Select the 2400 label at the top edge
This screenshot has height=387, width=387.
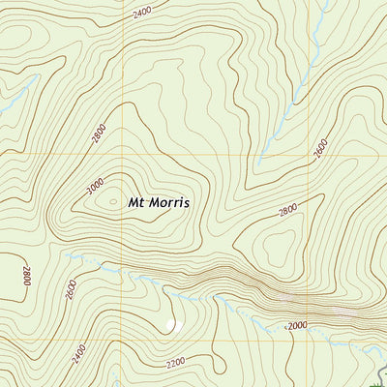click(142, 13)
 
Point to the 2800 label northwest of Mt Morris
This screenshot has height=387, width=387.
click(97, 134)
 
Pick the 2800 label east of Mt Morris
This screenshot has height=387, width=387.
click(287, 210)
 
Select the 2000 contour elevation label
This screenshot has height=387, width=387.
click(296, 326)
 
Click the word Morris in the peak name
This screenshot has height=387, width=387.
click(169, 204)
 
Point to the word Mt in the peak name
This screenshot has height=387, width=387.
click(136, 204)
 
